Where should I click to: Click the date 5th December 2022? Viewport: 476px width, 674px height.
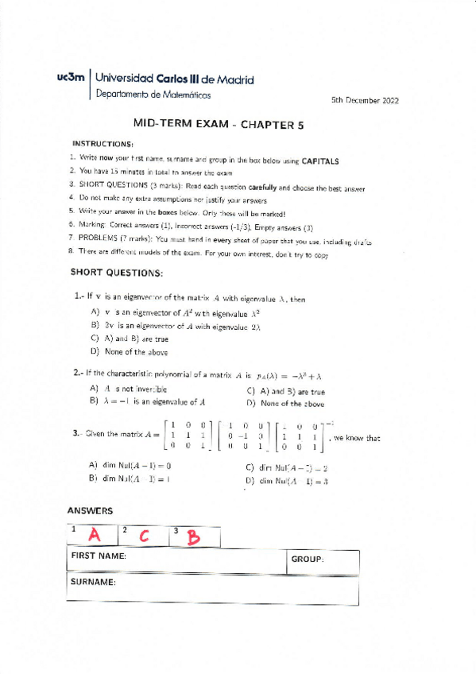click(365, 101)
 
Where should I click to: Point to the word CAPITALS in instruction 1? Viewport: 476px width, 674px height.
click(319, 161)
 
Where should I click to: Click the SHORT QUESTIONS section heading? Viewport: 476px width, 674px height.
click(117, 273)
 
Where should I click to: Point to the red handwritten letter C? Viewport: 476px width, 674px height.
click(144, 536)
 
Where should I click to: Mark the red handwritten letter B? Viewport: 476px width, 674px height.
click(192, 537)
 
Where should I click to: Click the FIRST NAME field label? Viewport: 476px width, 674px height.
click(99, 556)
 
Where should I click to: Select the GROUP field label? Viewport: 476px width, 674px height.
click(307, 560)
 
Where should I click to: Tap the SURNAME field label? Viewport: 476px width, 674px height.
click(95, 582)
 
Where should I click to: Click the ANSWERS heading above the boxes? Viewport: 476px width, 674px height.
click(90, 511)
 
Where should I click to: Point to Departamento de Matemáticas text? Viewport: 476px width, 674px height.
click(153, 95)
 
